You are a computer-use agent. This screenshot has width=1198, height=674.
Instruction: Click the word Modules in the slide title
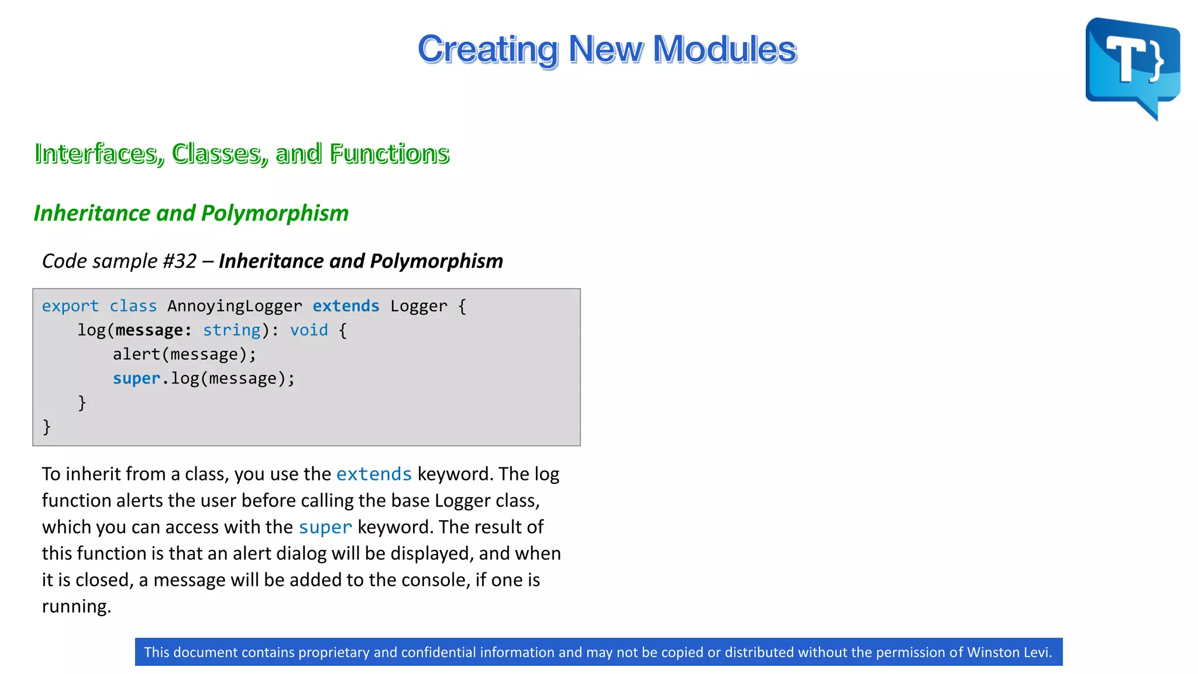[724, 49]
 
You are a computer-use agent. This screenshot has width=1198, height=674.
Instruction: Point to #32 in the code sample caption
[180, 261]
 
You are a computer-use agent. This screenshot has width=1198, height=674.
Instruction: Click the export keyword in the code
[70, 306]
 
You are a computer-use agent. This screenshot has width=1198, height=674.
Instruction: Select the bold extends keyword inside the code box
[346, 306]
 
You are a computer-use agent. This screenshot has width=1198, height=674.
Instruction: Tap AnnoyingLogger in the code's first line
[235, 306]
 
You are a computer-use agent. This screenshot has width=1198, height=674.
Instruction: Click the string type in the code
[231, 331]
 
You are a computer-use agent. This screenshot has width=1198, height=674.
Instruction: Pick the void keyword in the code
[309, 331]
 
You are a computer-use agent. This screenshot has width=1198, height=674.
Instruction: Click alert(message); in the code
[184, 355]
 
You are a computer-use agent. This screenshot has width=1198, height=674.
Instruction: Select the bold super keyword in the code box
[136, 379]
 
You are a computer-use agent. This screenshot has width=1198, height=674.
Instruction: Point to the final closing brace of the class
[47, 427]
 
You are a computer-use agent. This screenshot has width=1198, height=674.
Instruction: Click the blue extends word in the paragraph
[374, 474]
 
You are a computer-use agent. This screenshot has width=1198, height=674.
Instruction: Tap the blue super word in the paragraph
[325, 527]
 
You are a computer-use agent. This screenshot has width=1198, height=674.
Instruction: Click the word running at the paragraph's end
[75, 607]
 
